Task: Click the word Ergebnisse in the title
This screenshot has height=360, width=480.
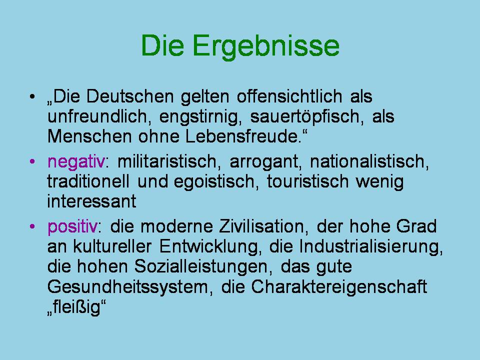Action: pos(265,46)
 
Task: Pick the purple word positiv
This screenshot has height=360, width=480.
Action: pos(72,227)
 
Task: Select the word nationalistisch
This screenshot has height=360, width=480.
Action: pos(369,162)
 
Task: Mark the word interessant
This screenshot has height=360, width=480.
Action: pos(91,201)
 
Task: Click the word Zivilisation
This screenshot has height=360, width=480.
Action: pos(261,227)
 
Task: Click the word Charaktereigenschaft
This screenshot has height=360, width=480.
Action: pos(339,287)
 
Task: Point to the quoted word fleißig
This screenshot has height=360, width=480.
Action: pos(77,308)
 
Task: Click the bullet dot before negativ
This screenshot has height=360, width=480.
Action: pos(32,161)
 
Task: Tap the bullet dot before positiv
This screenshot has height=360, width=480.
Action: pos(32,227)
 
